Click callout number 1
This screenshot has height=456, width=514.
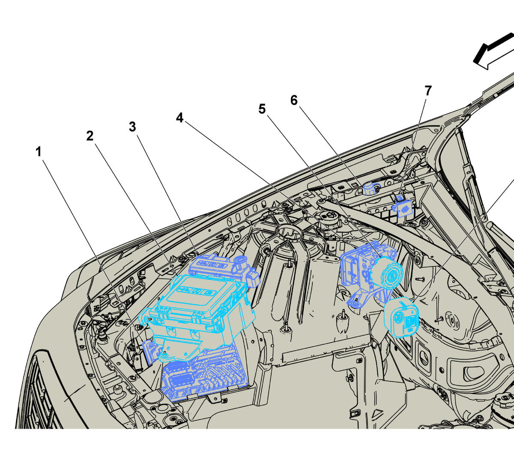(x=39, y=152)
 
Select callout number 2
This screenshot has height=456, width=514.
(x=90, y=136)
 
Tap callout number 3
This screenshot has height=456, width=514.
(x=132, y=127)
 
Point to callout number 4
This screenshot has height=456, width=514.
(x=179, y=118)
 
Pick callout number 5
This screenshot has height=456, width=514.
(x=262, y=109)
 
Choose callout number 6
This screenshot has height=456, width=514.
(x=294, y=101)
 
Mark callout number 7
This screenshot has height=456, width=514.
(x=428, y=91)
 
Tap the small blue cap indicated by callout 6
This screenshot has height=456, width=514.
(x=369, y=188)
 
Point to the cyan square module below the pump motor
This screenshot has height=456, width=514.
(x=402, y=319)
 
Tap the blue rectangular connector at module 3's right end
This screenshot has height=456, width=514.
(x=254, y=277)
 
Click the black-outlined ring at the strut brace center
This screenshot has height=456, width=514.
(x=288, y=234)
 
